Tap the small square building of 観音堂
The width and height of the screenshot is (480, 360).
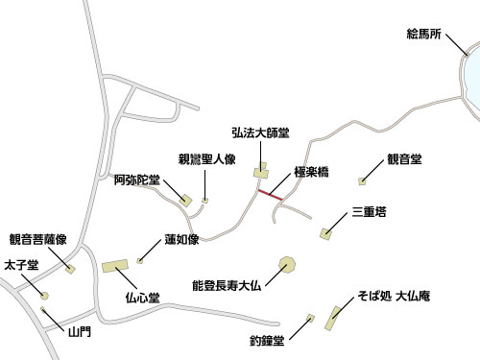[362, 180]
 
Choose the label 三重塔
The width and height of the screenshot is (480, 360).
[369, 211]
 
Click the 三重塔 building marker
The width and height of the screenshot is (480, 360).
[327, 232]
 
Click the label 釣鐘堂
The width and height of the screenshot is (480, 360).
[268, 340]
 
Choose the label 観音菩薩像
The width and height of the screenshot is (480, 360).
[37, 240]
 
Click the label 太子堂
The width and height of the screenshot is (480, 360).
[20, 264]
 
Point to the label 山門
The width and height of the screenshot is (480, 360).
[79, 332]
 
